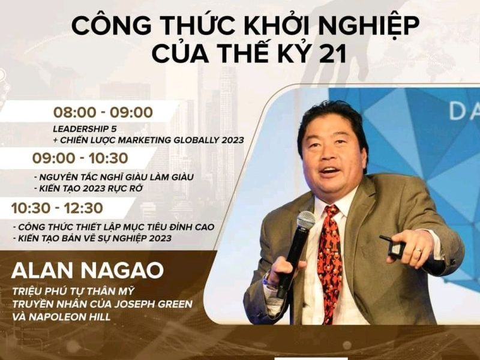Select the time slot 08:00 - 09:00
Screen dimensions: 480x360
click(x=103, y=112)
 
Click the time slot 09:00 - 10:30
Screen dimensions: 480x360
click(x=80, y=158)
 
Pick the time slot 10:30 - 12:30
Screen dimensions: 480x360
click(x=57, y=208)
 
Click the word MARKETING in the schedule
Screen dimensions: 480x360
click(x=145, y=140)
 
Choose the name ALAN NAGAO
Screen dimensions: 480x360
click(x=88, y=271)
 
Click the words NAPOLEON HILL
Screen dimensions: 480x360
click(x=70, y=317)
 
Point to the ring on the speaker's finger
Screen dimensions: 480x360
click(x=418, y=250)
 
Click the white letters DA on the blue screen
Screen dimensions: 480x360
click(x=464, y=111)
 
